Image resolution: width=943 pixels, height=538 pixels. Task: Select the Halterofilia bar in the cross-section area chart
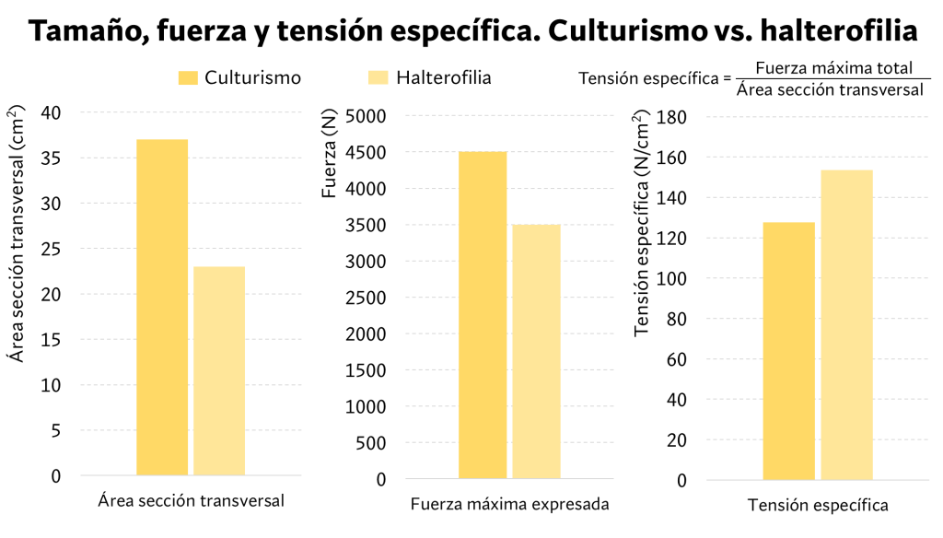coord(219,370)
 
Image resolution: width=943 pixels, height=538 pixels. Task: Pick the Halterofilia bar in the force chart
coord(536,351)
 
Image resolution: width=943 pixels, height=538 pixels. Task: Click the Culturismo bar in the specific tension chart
coord(789,351)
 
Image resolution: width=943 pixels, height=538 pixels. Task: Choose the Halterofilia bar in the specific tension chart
coord(846,325)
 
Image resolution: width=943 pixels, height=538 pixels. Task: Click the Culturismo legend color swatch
coord(187,78)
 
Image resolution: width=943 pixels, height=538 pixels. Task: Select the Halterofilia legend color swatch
coord(378,78)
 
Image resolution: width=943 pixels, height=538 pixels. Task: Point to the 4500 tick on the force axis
coord(366,153)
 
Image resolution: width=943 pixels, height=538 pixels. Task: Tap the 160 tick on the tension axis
coord(675,158)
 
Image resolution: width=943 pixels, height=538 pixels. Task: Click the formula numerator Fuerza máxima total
coord(832,68)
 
